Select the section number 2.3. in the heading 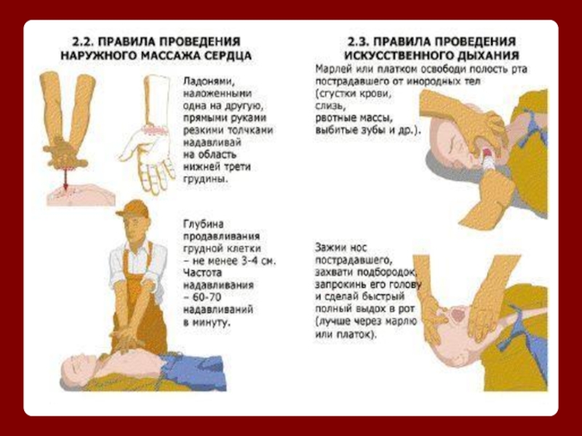[359, 41]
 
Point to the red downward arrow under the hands [65, 177]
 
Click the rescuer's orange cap [133, 209]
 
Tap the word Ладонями [210, 81]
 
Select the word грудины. [206, 179]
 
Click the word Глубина [204, 225]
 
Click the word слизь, [330, 106]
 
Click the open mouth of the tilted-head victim [458, 315]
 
